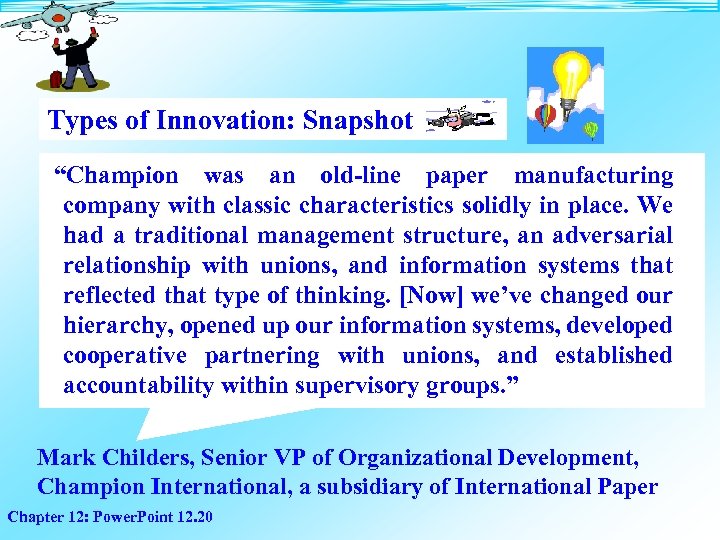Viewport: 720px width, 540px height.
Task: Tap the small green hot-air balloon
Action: click(591, 129)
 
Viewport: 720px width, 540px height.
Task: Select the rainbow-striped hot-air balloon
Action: click(545, 117)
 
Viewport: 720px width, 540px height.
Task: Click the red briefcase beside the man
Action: click(57, 78)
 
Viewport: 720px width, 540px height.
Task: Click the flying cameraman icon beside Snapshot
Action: click(459, 118)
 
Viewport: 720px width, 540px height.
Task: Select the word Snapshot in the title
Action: click(357, 121)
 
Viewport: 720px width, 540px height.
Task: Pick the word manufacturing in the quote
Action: click(593, 177)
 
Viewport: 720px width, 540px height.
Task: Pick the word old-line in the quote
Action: click(360, 177)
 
